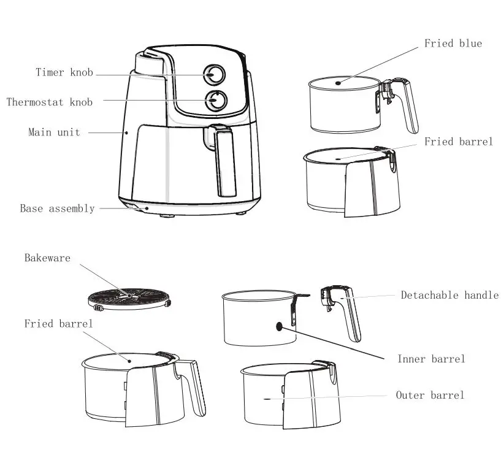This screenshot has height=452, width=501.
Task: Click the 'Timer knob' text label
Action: tap(64, 73)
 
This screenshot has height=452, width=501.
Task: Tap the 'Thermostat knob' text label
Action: tap(50, 102)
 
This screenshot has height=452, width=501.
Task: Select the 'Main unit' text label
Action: tap(54, 132)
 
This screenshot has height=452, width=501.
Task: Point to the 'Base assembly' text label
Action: tap(57, 209)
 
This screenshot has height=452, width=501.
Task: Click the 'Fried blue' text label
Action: tap(453, 44)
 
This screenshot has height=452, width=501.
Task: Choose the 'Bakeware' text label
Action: tap(47, 258)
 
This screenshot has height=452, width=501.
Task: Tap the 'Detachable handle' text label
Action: tap(449, 296)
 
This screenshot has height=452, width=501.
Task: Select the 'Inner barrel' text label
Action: tap(430, 359)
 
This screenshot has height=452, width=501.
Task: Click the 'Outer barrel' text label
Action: tap(429, 396)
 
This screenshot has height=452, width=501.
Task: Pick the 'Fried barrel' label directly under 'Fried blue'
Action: tap(458, 142)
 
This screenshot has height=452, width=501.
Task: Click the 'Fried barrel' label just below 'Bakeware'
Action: tap(58, 324)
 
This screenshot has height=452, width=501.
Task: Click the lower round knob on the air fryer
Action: tap(215, 101)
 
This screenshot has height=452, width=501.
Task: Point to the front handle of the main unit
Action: tap(224, 159)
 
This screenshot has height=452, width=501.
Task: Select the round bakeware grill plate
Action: tap(129, 298)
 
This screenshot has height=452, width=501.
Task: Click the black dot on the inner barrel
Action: tap(280, 326)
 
